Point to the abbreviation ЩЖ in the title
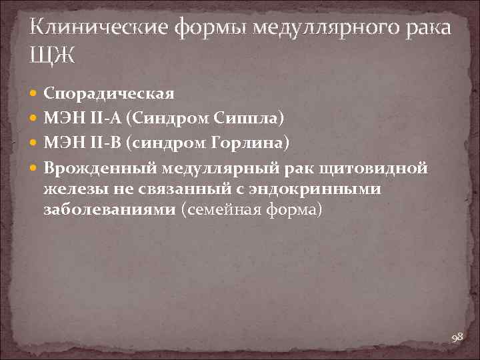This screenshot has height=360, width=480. [x=53, y=55]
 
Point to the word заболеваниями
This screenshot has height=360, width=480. [x=111, y=210]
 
